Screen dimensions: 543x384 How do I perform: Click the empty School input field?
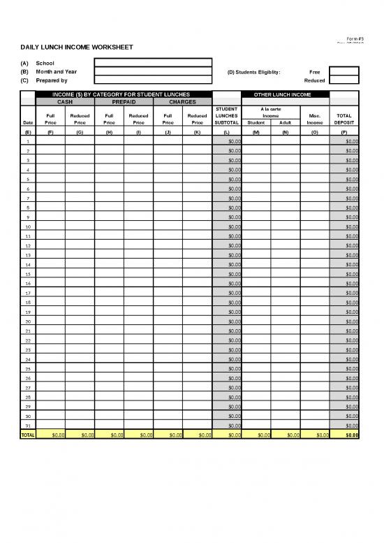(x=153, y=61)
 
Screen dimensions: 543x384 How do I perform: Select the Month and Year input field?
(x=153, y=71)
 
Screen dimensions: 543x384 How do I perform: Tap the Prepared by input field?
(x=153, y=80)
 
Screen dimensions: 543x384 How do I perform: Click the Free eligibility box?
(x=344, y=71)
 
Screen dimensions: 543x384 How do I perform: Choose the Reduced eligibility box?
(x=344, y=80)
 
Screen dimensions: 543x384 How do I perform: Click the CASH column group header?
(x=64, y=101)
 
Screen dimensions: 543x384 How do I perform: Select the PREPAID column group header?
(x=123, y=101)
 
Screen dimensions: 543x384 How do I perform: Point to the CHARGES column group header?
(x=182, y=101)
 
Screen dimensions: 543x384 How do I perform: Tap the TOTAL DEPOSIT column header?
(x=344, y=120)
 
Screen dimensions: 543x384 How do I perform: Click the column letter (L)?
(x=226, y=131)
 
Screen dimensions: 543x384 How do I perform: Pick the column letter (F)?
(x=50, y=131)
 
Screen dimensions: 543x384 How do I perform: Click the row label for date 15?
(x=28, y=274)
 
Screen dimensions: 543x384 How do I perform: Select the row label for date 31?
(x=28, y=425)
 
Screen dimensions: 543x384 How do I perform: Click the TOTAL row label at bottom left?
(x=28, y=435)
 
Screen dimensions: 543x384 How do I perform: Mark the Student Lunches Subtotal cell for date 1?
(x=226, y=141)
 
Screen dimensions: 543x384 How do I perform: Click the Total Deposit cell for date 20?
(x=344, y=321)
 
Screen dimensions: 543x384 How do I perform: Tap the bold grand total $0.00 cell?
(x=344, y=435)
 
